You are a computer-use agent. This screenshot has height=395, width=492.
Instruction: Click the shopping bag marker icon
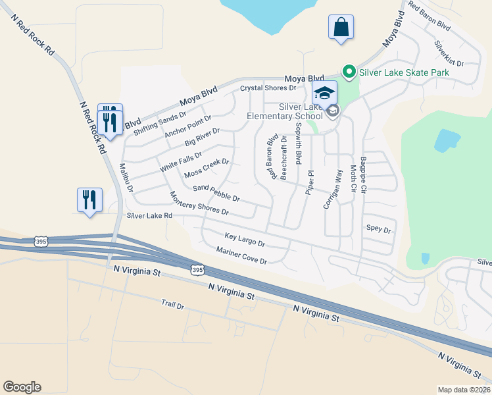tap(341, 28)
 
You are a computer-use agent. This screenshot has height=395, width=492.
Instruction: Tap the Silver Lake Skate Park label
tap(404, 71)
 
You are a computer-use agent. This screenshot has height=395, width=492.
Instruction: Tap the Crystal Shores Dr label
tap(268, 88)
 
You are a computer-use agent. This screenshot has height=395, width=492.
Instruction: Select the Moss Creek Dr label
tap(207, 168)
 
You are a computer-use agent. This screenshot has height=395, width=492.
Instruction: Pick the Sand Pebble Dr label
tap(216, 193)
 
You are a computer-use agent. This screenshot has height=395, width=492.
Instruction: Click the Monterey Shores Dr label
tap(199, 204)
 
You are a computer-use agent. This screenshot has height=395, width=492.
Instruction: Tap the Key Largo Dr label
tap(244, 240)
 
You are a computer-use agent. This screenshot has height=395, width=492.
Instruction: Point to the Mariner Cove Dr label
tap(241, 256)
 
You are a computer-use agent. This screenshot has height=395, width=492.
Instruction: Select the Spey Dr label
tap(378, 230)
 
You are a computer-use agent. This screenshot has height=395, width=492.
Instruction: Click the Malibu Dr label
tap(126, 178)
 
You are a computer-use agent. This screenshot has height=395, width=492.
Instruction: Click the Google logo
tap(22, 387)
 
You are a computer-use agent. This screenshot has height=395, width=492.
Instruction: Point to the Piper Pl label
tap(310, 182)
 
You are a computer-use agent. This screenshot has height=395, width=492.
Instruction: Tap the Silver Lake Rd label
tap(149, 216)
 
